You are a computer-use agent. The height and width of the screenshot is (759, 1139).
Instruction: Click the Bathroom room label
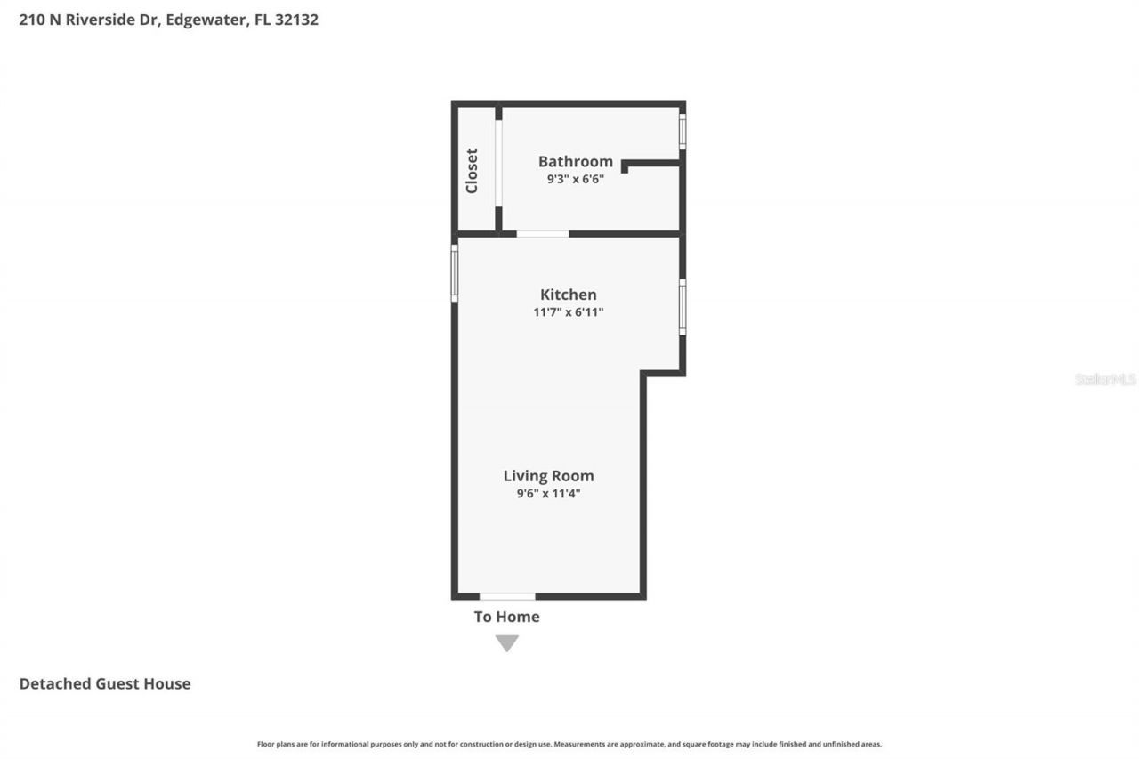point(575,161)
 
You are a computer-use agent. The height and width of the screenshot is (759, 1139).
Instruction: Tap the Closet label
point(472,170)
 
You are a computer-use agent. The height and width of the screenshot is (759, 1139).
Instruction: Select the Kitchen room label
point(568,295)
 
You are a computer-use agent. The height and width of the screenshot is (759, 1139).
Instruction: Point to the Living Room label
point(548,476)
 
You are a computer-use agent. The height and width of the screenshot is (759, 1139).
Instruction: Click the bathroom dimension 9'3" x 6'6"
point(575,179)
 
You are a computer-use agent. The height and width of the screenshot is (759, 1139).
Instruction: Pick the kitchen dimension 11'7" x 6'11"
point(568,312)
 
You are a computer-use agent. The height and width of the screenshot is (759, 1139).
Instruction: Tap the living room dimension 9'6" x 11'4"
point(548,493)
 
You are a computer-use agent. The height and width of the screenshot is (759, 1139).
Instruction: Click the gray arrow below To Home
point(507,642)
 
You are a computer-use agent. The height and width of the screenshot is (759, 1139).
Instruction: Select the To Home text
point(506,617)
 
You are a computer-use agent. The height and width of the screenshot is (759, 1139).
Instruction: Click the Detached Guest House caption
point(105,683)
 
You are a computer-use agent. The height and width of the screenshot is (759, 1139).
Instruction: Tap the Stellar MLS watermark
point(1105,379)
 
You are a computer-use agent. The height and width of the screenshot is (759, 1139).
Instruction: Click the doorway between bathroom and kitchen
point(543,234)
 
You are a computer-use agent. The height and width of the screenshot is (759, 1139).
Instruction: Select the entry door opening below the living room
point(507,596)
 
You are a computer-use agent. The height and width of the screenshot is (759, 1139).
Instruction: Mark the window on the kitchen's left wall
point(454,273)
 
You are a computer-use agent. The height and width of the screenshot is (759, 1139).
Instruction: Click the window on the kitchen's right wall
point(683,307)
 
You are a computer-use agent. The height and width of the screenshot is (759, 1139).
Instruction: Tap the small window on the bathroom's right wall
point(683,131)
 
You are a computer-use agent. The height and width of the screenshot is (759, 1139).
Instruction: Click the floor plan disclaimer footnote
point(569,744)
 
